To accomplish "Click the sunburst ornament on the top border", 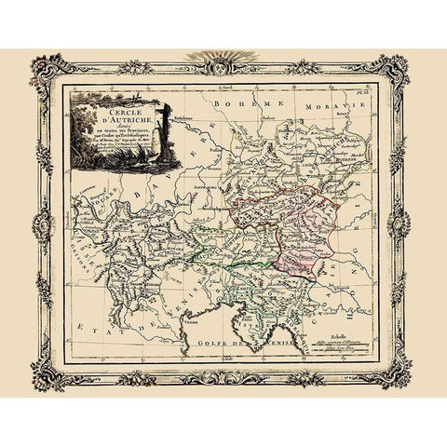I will tap(223, 59).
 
